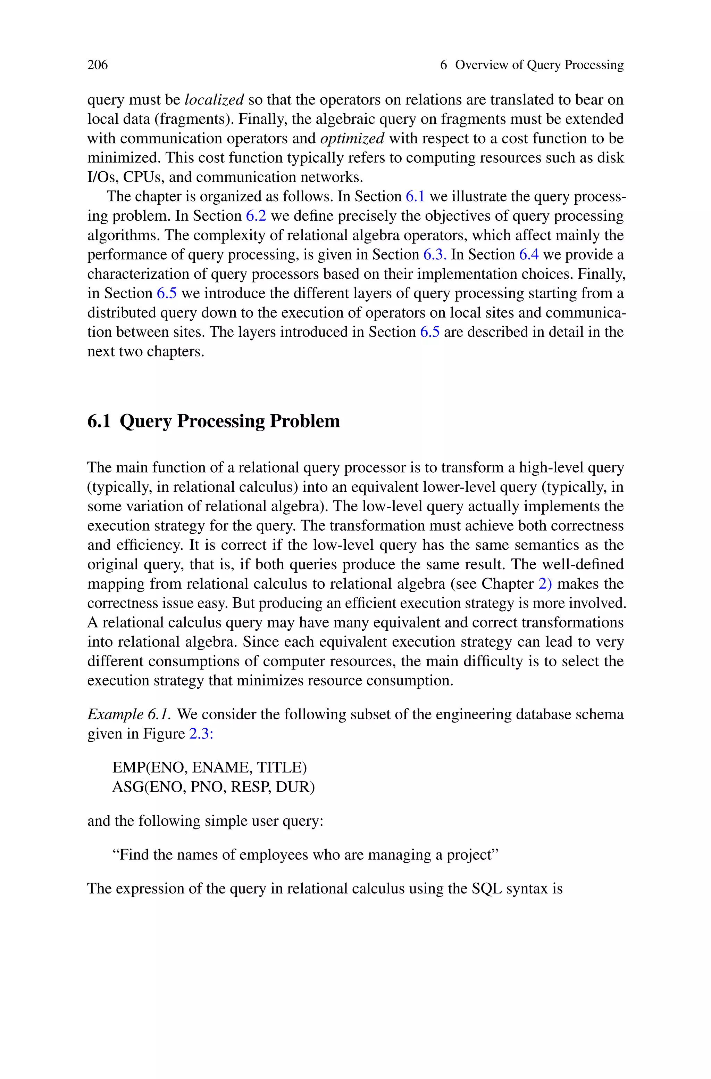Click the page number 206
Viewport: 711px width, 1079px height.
click(98, 65)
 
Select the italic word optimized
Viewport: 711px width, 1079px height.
click(352, 138)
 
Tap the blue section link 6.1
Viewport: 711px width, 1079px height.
click(415, 196)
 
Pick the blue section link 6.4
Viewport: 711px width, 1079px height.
click(529, 255)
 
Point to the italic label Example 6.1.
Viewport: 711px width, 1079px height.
click(129, 714)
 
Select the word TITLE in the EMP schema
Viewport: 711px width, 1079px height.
click(281, 767)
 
